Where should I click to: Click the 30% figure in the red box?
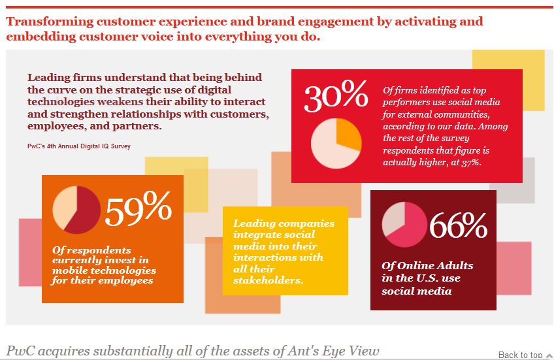336,97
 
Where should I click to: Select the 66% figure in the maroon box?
457,226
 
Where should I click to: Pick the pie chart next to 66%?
404,225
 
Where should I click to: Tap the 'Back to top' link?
520,355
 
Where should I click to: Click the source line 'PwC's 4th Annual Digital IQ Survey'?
78,146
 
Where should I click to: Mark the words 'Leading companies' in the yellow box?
284,223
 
